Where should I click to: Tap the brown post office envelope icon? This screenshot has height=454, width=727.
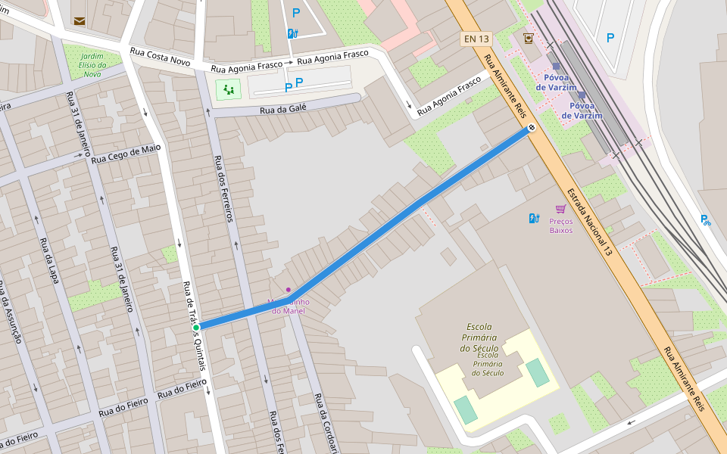(x=80, y=20)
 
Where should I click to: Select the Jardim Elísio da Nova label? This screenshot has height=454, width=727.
(x=92, y=65)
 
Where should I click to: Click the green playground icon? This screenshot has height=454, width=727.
(x=227, y=90)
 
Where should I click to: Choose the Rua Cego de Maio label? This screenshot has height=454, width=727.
(x=126, y=154)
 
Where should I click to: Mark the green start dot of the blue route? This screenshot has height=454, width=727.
(x=195, y=328)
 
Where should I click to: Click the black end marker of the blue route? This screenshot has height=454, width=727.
(x=532, y=128)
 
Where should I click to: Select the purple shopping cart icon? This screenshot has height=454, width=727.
(x=560, y=209)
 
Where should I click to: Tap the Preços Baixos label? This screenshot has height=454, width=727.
(x=560, y=225)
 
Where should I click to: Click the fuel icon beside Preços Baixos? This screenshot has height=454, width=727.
(x=534, y=218)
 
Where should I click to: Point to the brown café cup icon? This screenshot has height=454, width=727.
(x=528, y=38)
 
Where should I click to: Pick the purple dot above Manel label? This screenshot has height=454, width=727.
(x=289, y=290)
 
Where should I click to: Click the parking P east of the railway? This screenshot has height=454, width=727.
(x=610, y=37)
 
